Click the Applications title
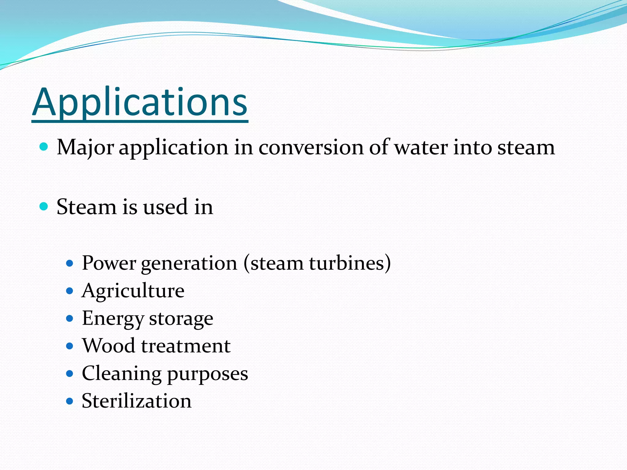pos(140,103)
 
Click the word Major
pos(85,148)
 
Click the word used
pos(166,207)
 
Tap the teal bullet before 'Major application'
pos(44,147)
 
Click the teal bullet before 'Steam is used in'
pos(44,206)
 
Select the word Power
pos(109,263)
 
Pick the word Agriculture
pos(133,291)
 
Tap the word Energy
pos(112,319)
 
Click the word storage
pos(181,319)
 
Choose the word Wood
pos(109,346)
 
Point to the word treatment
pos(186,346)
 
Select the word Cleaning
pos(122,374)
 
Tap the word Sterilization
pos(137,401)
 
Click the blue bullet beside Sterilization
pos(70,401)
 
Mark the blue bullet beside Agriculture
pos(70,290)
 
